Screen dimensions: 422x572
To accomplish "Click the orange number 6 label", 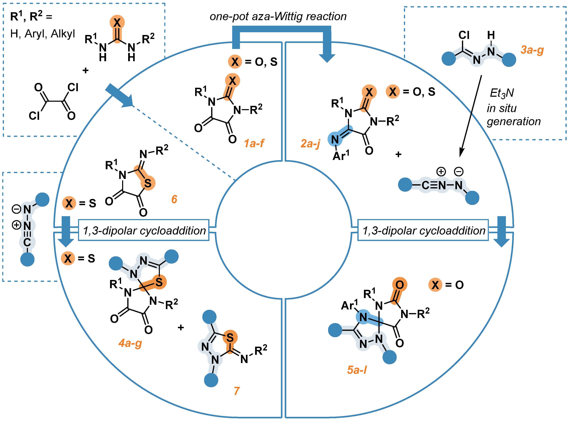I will (174, 199).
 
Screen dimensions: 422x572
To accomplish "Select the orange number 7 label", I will (237, 391).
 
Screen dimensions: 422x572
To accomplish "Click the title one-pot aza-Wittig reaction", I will (278, 17).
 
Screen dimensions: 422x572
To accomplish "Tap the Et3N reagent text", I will (501, 93).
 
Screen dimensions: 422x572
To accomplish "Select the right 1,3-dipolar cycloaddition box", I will (423, 230).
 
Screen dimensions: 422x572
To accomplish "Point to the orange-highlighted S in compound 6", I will (148, 183).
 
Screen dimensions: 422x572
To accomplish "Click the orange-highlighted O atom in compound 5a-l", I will (399, 285).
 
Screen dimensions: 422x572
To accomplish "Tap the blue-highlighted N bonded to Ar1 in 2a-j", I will (335, 139).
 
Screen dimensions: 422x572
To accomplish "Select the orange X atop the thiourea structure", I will (117, 22).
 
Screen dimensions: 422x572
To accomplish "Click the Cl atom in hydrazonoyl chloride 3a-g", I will (464, 35).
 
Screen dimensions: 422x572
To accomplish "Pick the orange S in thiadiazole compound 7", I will (230, 338).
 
